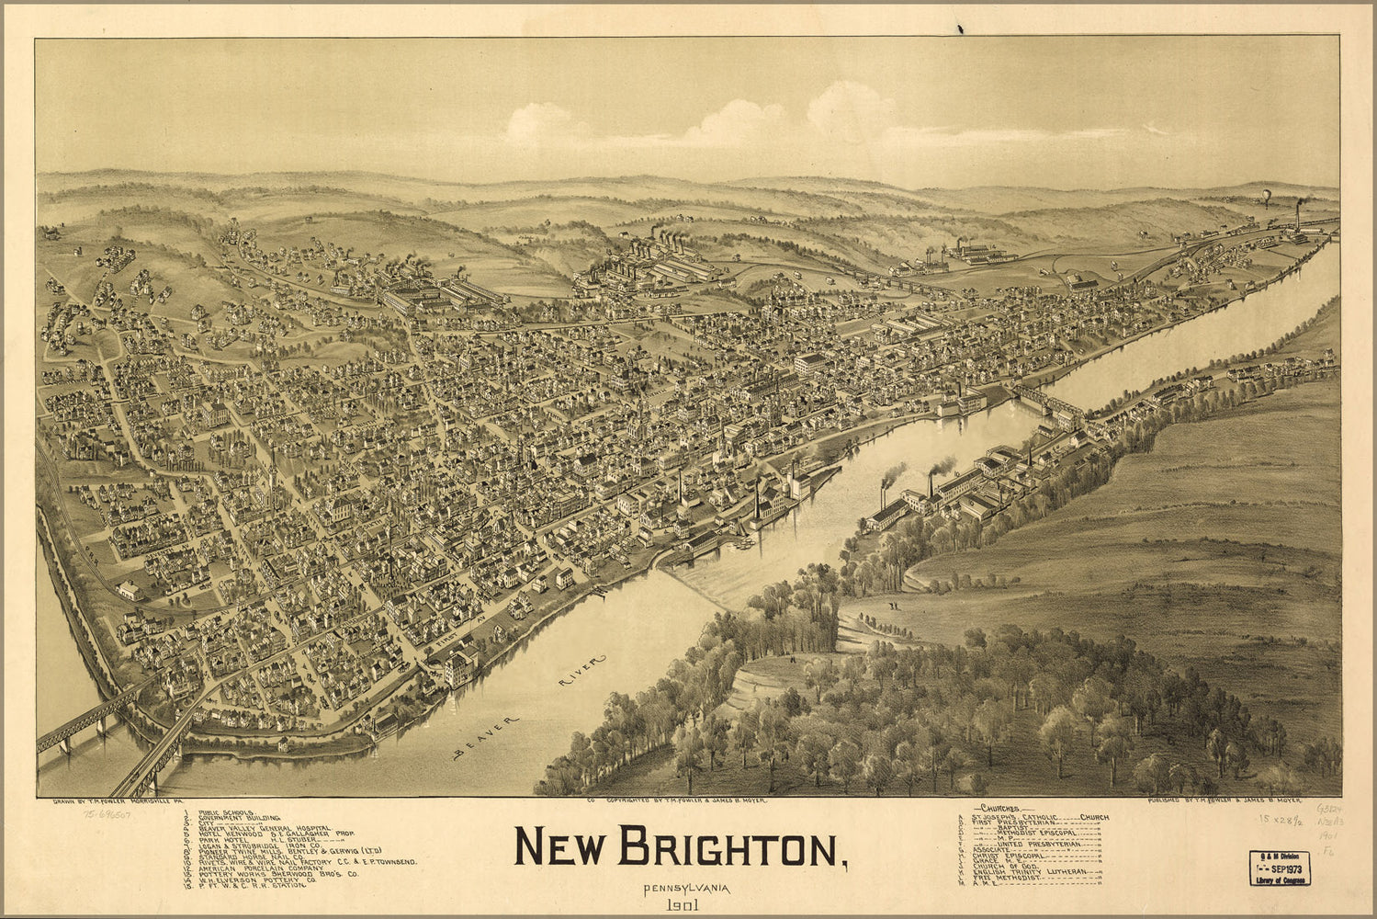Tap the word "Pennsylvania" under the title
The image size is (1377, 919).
pyautogui.click(x=680, y=889)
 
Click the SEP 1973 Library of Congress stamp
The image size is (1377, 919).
pyautogui.click(x=1280, y=868)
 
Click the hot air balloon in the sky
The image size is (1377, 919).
pyautogui.click(x=1265, y=196)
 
